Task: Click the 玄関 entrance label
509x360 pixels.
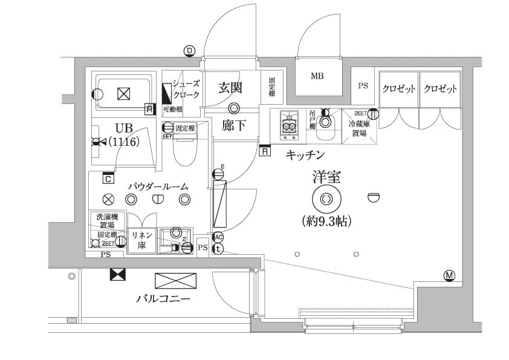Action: tap(230, 88)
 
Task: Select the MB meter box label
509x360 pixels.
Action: tap(317, 76)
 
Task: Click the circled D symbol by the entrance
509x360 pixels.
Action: tap(190, 51)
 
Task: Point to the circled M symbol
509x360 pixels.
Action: tap(449, 276)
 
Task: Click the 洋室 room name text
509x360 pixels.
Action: tap(326, 177)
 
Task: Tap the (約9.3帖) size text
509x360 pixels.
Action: tap(326, 221)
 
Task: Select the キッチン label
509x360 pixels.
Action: tap(306, 155)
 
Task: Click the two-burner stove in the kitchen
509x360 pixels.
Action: tap(290, 123)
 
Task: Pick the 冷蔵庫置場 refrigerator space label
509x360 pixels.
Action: tap(358, 128)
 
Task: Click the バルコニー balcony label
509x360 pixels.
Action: tap(163, 299)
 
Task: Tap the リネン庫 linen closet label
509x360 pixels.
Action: tap(141, 241)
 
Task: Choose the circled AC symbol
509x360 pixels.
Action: tap(218, 237)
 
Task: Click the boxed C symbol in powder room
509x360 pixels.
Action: tap(108, 178)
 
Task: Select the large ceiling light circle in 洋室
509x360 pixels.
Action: tap(326, 198)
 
